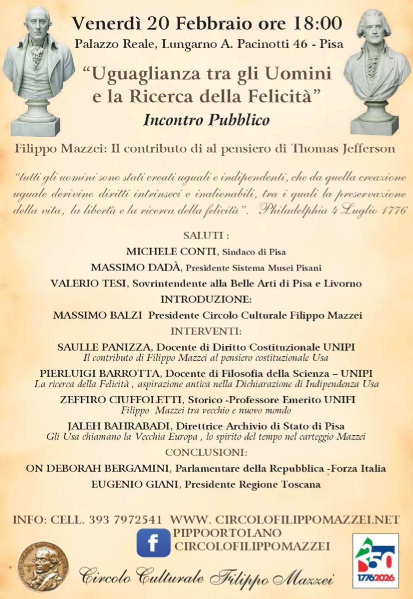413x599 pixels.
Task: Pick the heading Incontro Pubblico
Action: (206, 120)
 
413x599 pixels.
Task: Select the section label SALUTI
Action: (206, 236)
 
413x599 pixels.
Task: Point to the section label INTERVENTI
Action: (206, 331)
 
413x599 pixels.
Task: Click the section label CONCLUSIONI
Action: (206, 452)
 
